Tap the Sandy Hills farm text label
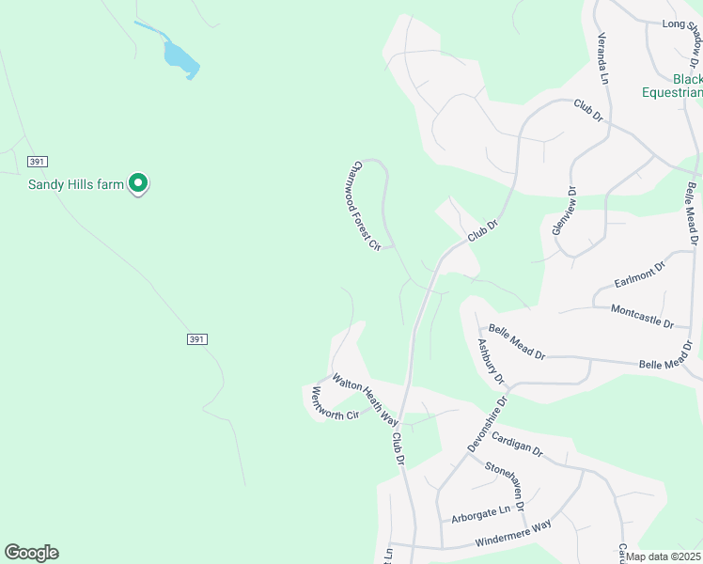coord(75,184)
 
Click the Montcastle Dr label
coord(642,315)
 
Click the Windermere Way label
coord(513,539)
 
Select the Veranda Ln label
coord(603,59)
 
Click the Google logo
coord(31,553)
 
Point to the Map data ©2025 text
coord(664,556)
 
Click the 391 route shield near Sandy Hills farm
coord(37,161)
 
